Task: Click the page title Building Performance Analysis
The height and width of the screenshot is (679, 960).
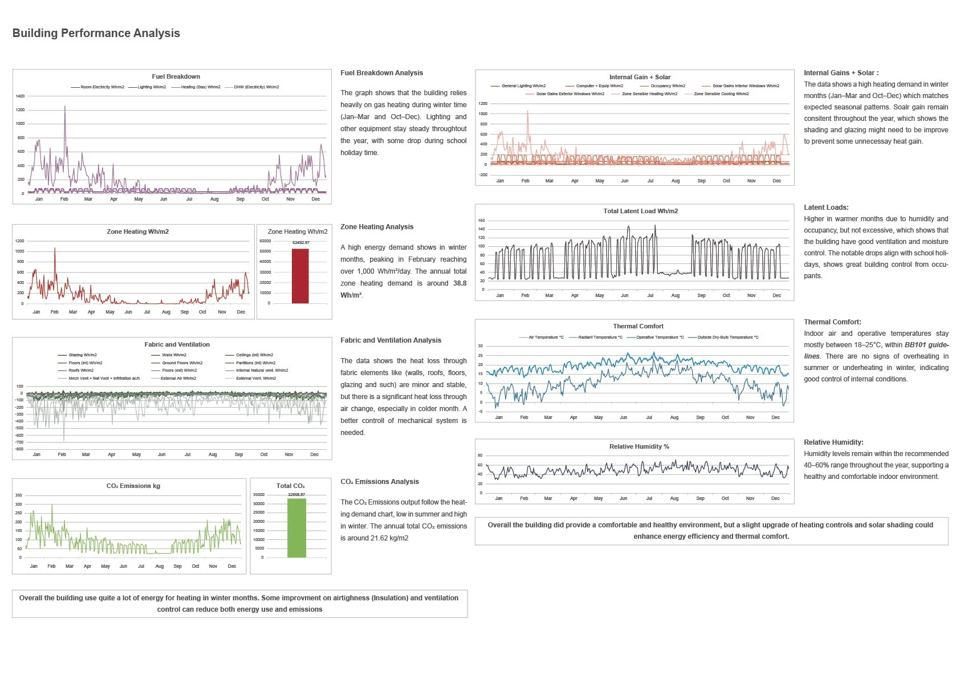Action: (x=96, y=33)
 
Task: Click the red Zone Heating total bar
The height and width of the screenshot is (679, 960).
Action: (x=300, y=276)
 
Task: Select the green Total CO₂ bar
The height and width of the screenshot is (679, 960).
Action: (x=296, y=528)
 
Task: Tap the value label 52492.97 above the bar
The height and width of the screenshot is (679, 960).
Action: (x=300, y=243)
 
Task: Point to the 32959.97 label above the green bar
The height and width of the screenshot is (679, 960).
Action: (x=296, y=495)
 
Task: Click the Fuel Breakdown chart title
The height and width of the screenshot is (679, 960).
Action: (x=176, y=76)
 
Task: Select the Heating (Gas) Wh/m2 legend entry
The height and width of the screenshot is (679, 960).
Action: (x=200, y=87)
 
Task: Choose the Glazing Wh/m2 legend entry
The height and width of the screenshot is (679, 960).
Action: (x=82, y=355)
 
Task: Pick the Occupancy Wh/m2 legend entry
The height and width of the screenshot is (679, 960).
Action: (x=668, y=86)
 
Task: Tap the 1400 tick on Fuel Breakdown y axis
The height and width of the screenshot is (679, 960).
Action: (x=20, y=96)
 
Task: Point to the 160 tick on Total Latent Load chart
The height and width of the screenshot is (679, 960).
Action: (x=481, y=221)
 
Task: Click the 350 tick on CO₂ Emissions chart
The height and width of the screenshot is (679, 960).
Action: (x=18, y=495)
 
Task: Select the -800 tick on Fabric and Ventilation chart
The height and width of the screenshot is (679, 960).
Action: (x=19, y=449)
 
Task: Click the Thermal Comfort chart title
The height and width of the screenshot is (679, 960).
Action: (x=638, y=327)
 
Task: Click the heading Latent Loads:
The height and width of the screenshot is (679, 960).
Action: (x=826, y=208)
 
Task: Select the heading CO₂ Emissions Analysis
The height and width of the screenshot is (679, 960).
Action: (x=379, y=482)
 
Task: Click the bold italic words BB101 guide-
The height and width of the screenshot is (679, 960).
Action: (x=926, y=345)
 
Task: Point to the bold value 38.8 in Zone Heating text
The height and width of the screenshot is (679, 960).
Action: (x=459, y=283)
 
